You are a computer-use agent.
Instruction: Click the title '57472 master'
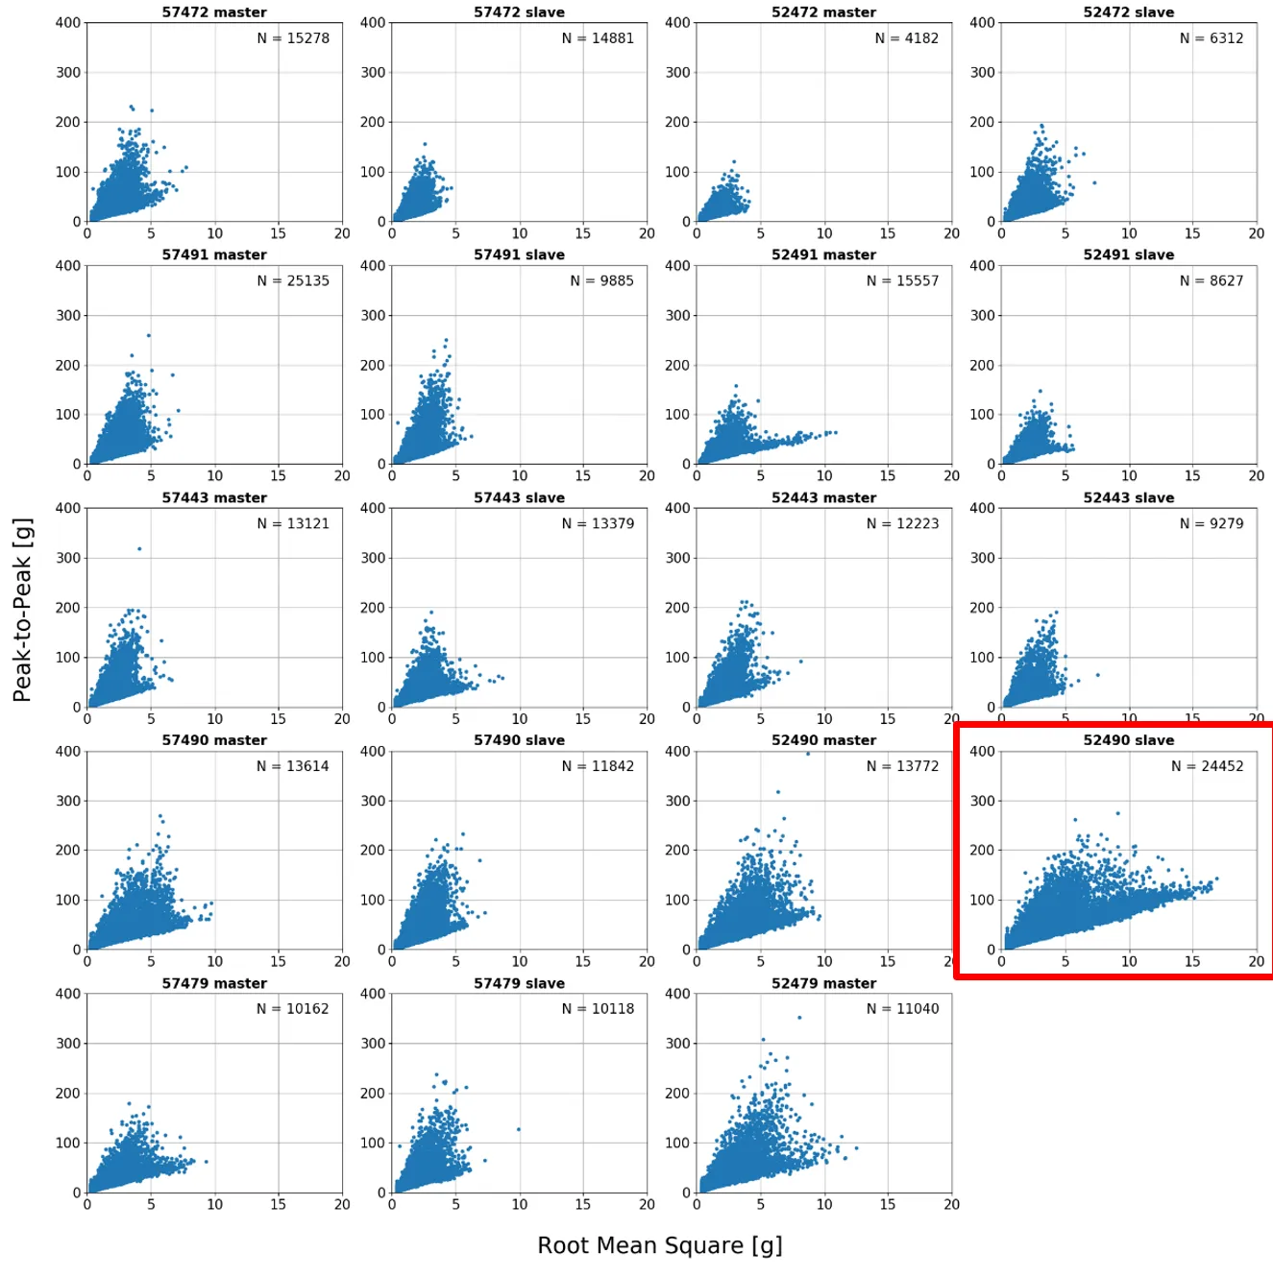point(214,12)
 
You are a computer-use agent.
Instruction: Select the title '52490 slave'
point(1128,740)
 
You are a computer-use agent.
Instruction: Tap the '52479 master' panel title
point(823,983)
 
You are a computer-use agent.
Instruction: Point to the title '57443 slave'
point(519,497)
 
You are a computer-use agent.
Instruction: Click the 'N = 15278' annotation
point(293,38)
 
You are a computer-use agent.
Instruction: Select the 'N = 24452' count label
point(1207,766)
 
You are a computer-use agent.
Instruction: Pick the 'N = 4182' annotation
point(906,38)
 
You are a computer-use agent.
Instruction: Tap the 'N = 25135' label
point(293,281)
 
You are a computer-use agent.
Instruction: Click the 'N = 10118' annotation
point(598,1009)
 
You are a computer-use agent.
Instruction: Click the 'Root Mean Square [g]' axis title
point(659,1245)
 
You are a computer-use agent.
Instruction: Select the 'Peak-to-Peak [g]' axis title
point(22,610)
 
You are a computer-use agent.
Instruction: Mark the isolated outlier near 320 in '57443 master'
point(139,549)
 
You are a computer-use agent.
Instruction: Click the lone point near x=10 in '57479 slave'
point(519,1129)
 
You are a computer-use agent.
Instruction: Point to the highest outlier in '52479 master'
point(799,1018)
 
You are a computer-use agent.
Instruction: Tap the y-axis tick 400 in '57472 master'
point(68,22)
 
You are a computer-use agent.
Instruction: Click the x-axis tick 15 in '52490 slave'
point(1191,961)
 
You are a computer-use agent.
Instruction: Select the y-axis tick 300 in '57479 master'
point(68,1044)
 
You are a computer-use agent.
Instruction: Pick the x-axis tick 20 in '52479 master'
point(951,1204)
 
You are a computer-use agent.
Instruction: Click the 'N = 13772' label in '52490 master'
point(902,766)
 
